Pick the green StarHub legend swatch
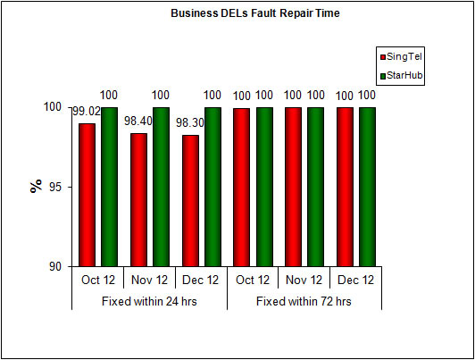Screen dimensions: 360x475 (382, 77)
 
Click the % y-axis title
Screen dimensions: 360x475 (36, 186)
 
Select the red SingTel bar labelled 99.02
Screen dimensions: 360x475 (87, 195)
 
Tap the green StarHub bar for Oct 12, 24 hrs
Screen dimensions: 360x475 (109, 187)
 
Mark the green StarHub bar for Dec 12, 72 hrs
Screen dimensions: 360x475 (367, 187)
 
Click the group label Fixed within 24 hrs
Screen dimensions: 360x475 (148, 301)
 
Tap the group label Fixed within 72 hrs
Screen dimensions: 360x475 (304, 301)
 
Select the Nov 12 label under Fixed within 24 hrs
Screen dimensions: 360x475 (148, 280)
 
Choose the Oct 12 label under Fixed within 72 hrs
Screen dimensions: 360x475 (252, 280)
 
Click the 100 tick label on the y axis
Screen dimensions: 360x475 (51, 107)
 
